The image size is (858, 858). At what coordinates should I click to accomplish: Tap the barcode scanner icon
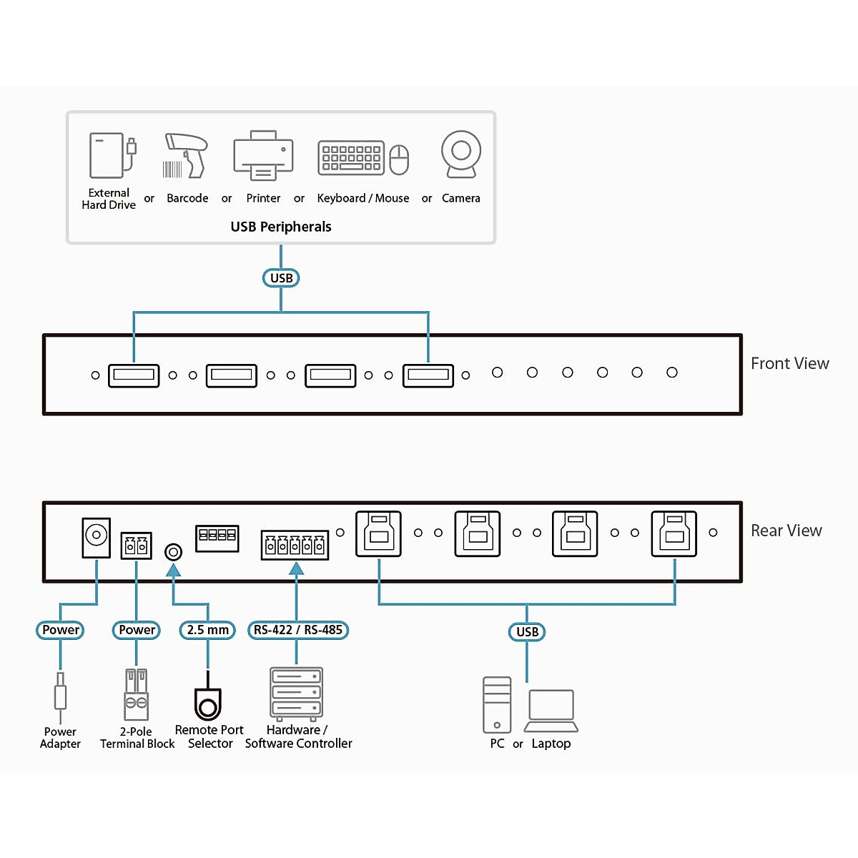[185, 155]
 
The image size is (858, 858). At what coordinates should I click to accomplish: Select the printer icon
[263, 155]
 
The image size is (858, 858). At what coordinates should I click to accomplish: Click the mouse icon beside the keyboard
[399, 159]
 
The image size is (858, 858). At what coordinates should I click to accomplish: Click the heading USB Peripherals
[281, 227]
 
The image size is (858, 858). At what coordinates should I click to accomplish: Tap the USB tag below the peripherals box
[281, 278]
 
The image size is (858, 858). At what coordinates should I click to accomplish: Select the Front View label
[789, 363]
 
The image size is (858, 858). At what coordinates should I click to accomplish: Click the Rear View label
[786, 531]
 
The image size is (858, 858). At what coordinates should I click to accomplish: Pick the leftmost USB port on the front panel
[134, 375]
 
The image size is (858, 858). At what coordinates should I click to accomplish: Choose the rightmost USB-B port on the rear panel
[674, 533]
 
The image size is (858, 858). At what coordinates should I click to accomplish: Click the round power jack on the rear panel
[96, 536]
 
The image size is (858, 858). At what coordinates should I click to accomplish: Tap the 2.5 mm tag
[207, 630]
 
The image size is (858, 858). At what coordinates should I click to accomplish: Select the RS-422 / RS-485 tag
[298, 630]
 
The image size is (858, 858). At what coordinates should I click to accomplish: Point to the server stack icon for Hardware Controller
[296, 692]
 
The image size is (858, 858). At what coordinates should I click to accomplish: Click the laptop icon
[551, 711]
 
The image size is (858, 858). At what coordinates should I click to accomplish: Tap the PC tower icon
[497, 705]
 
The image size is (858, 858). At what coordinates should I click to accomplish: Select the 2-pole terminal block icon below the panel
[136, 694]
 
